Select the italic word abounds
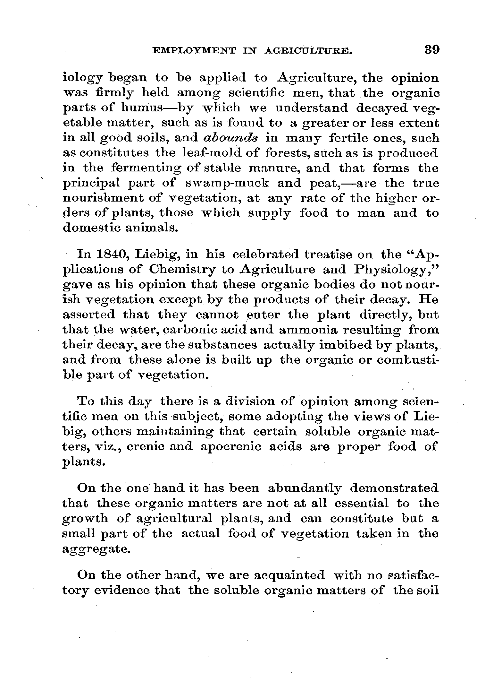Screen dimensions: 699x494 tap(230, 138)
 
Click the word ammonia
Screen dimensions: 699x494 tap(308, 330)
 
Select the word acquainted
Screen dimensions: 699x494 tap(289, 575)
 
